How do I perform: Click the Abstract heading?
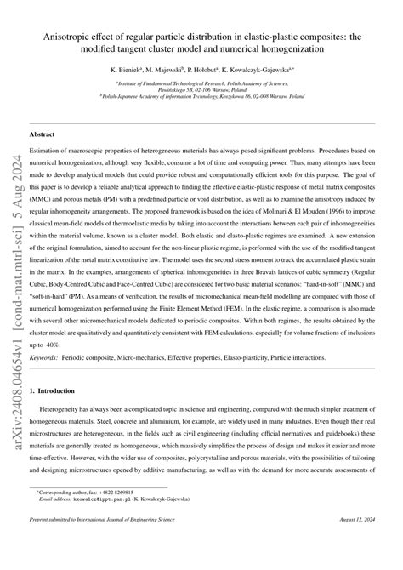pyautogui.click(x=43, y=134)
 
